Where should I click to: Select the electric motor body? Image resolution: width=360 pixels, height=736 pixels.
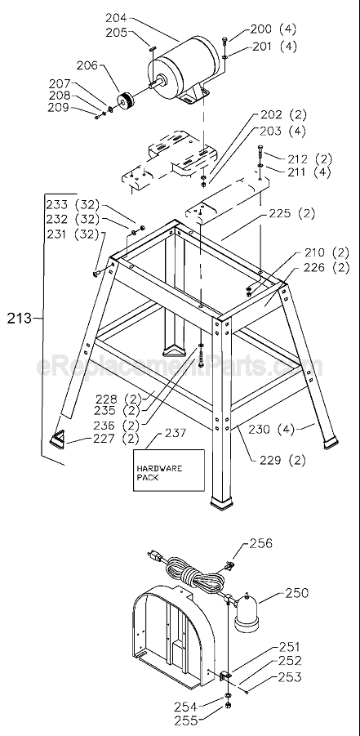(184, 69)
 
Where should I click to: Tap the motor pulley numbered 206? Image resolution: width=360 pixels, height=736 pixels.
(127, 104)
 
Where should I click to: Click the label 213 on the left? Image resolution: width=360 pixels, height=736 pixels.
(20, 319)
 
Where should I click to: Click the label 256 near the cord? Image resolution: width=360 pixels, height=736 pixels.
(261, 542)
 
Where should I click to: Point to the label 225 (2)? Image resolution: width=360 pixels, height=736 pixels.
(291, 214)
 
